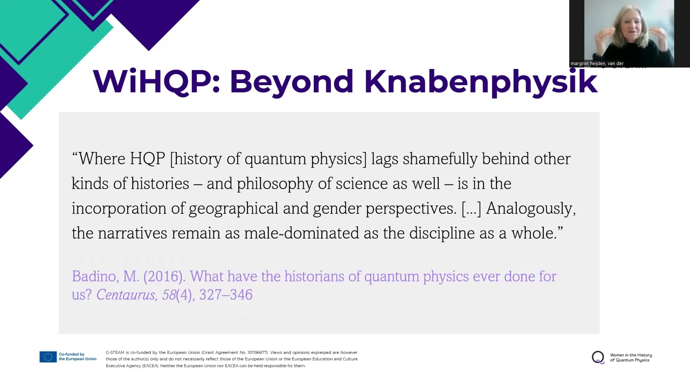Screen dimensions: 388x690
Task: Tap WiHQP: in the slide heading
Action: tap(156, 82)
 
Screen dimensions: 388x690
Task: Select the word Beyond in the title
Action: tap(292, 82)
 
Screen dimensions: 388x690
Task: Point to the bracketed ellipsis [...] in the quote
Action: tap(471, 209)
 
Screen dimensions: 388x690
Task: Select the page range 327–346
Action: tap(226, 295)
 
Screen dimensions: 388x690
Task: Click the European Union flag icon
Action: tap(48, 357)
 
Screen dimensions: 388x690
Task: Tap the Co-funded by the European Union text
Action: tap(77, 357)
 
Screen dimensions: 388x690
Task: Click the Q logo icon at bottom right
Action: tap(598, 357)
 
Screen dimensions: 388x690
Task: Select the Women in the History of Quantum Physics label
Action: tap(631, 357)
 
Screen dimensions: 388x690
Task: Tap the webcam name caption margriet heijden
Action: tap(597, 64)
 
